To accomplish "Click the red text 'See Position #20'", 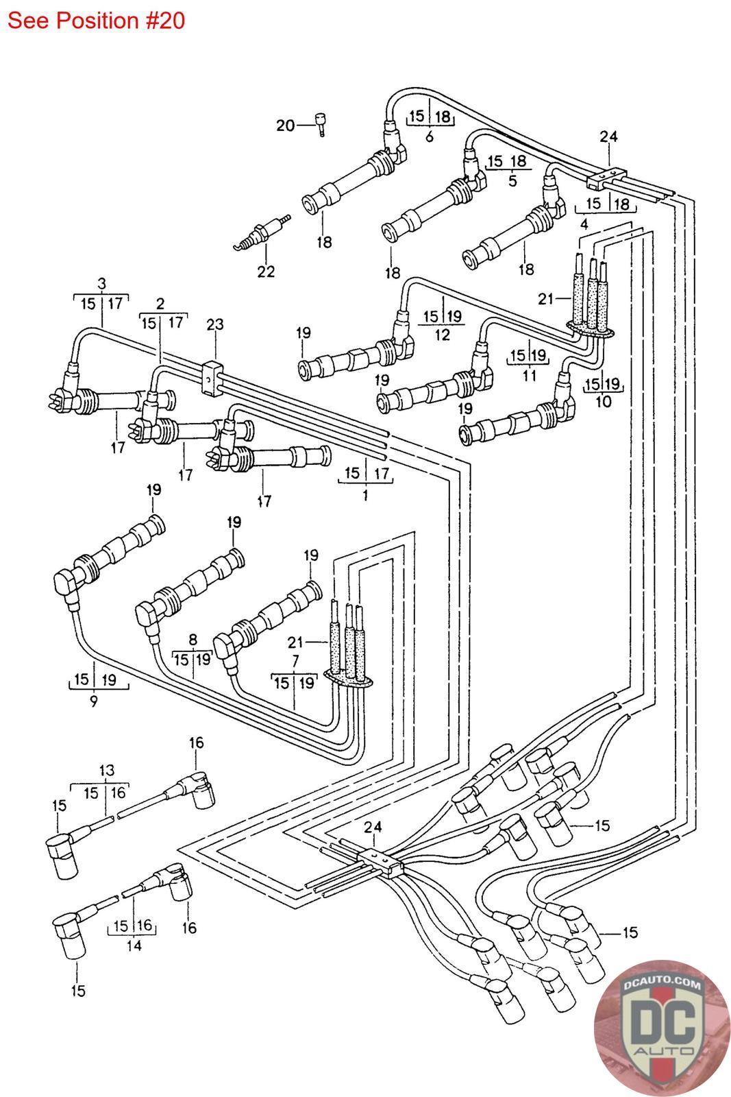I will coord(96,21).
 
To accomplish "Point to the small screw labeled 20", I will coord(320,123).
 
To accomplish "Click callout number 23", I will coord(215,324).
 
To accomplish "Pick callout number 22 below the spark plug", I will coord(266,272).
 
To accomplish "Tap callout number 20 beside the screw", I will coord(285,125).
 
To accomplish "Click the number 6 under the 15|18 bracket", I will coord(430,136).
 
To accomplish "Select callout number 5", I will coord(512,181).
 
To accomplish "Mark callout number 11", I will coord(529,376).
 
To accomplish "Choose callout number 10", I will coord(603,402).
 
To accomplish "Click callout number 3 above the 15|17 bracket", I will coord(101,283).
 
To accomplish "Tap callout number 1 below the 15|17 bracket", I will coord(365,494).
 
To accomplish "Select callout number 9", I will coord(93,701).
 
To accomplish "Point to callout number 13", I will coord(106,771).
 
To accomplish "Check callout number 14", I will coord(134,945).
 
